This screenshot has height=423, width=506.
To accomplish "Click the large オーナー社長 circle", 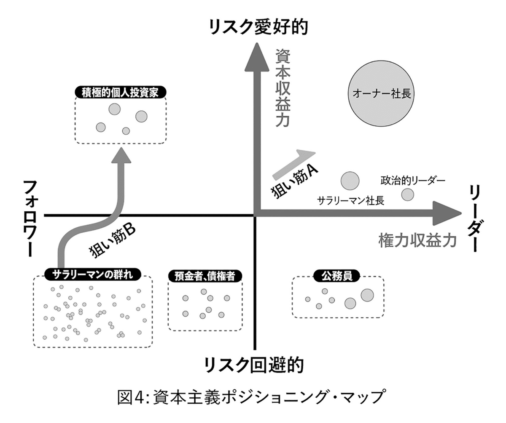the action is pyautogui.click(x=381, y=93).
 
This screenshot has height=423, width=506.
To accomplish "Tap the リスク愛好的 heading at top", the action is pyautogui.click(x=258, y=27).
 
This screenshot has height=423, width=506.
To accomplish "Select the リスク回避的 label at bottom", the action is pyautogui.click(x=254, y=365).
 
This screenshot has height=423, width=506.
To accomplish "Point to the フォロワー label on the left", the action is pyautogui.click(x=30, y=218).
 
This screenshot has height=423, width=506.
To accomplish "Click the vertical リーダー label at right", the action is pyautogui.click(x=476, y=219).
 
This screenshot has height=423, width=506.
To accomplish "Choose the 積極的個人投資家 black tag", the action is pyautogui.click(x=121, y=93).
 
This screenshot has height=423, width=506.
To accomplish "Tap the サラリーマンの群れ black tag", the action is pyautogui.click(x=93, y=275).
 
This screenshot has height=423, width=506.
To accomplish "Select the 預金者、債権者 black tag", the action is pyautogui.click(x=205, y=276).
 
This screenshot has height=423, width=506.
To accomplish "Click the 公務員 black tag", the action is pyautogui.click(x=337, y=276).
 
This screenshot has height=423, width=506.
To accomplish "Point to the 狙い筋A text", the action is pyautogui.click(x=294, y=181).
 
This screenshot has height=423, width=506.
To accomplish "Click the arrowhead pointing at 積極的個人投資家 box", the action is pyautogui.click(x=121, y=155).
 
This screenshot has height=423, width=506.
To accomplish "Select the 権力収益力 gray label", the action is pyautogui.click(x=417, y=241).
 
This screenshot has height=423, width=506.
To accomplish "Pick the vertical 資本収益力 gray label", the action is pyautogui.click(x=283, y=88).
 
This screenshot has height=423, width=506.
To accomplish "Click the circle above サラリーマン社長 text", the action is pyautogui.click(x=350, y=181).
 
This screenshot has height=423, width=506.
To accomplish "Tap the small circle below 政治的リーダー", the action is pyautogui.click(x=408, y=195).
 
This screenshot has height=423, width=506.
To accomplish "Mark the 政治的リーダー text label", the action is pyautogui.click(x=413, y=181).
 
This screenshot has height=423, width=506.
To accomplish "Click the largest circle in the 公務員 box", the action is pyautogui.click(x=367, y=295).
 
